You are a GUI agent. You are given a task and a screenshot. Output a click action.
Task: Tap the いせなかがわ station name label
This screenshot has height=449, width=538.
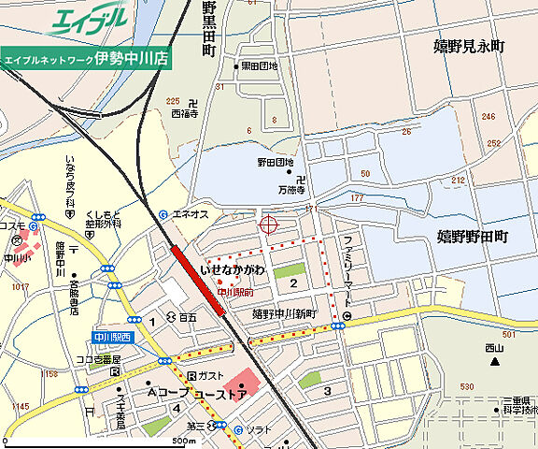233,270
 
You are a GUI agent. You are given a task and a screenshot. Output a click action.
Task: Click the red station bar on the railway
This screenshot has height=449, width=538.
199,280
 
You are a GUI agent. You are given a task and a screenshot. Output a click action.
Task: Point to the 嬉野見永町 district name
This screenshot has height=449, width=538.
469,45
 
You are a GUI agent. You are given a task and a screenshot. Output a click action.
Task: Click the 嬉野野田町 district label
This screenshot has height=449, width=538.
472,236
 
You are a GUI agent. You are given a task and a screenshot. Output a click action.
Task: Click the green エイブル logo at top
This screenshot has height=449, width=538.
88,21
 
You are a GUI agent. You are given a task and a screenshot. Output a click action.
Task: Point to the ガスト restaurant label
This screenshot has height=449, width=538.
209,375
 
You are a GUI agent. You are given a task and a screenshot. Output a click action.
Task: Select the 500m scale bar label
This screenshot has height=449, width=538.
183,441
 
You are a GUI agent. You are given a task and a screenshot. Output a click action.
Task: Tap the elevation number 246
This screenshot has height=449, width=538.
488,117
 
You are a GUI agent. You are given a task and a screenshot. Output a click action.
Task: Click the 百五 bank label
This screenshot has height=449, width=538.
188,318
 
